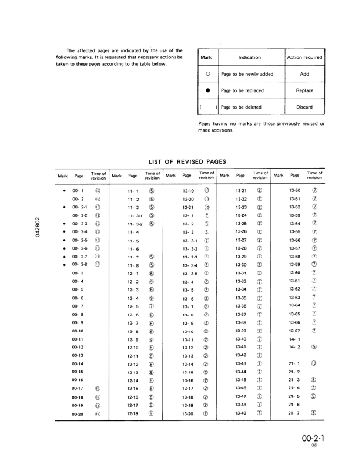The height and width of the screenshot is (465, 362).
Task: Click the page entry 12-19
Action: click(x=188, y=191)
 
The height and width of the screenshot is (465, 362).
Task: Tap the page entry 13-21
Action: click(x=240, y=191)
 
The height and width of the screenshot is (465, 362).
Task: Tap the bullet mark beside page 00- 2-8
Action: click(x=63, y=265)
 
